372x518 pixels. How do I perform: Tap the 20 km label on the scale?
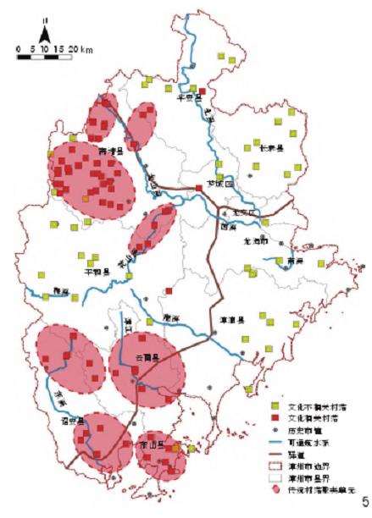(81, 50)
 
